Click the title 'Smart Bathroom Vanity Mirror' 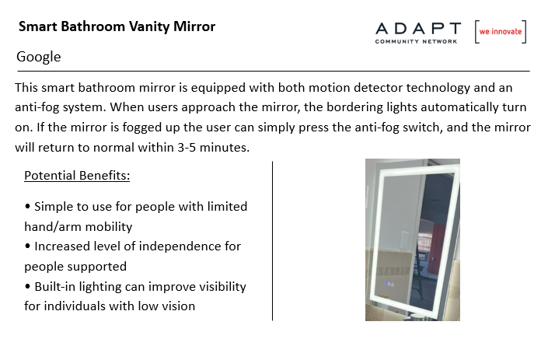click(x=117, y=27)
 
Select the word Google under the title click(x=38, y=57)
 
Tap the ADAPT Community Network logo click(x=418, y=33)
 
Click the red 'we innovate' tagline click(x=500, y=31)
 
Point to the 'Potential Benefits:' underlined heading click(x=77, y=176)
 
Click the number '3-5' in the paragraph click(x=187, y=148)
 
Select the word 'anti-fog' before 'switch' click(x=377, y=128)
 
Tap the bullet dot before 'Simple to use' click(x=28, y=206)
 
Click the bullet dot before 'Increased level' click(x=28, y=246)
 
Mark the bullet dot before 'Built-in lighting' click(x=28, y=286)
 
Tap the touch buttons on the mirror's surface click(x=389, y=284)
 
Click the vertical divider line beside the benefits click(x=272, y=241)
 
